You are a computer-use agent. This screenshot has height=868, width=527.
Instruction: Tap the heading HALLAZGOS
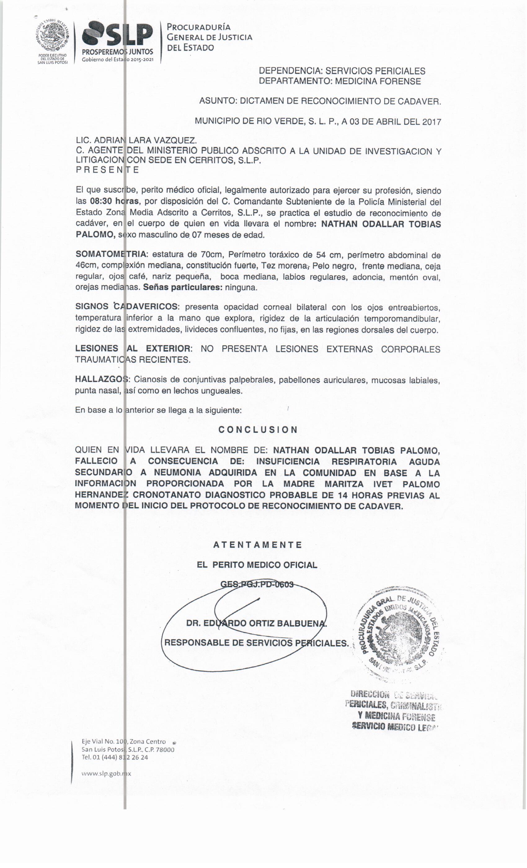coord(103,379)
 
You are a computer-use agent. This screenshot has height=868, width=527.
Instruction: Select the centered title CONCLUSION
coord(258,429)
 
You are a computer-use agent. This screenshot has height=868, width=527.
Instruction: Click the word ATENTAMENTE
coord(258,545)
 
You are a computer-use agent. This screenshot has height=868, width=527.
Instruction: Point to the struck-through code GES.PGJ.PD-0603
coord(257,584)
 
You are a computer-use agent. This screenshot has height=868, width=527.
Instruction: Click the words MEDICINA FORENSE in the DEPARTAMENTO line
coord(378,81)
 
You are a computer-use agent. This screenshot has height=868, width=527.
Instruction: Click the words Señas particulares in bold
coord(183,287)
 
